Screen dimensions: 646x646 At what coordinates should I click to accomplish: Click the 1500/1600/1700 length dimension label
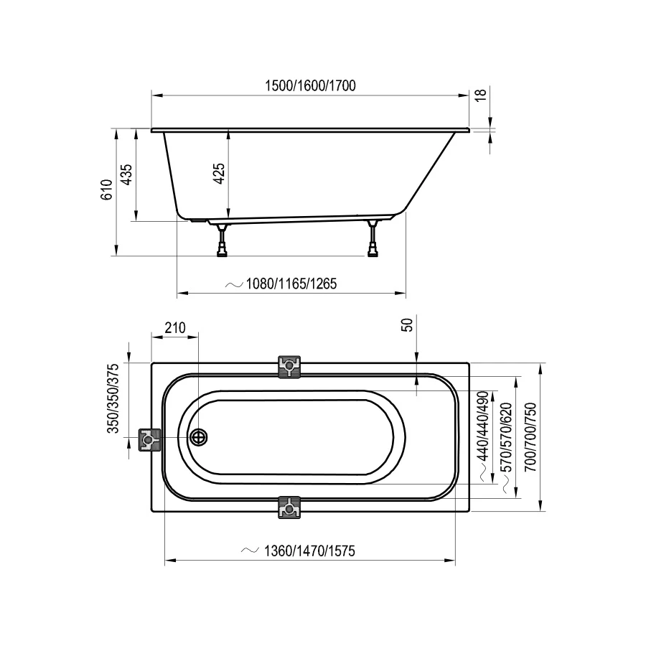[x=310, y=85]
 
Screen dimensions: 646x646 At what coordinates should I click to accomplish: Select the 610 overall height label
[x=106, y=189]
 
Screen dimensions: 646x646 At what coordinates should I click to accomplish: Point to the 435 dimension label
[x=126, y=175]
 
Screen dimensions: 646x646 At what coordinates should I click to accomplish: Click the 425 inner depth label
[x=220, y=174]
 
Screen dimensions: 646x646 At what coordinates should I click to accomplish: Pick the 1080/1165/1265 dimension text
[x=291, y=284]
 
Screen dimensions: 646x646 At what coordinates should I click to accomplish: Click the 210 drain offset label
[x=174, y=328]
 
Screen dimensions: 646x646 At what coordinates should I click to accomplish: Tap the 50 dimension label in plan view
[x=408, y=324]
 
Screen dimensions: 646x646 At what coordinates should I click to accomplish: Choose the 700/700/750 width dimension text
[x=530, y=436]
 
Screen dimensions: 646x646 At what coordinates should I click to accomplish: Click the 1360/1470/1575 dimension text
[x=309, y=551]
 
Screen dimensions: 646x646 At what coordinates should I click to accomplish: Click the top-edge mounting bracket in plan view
[x=289, y=367]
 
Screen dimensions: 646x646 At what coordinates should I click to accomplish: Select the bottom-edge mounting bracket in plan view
[x=289, y=507]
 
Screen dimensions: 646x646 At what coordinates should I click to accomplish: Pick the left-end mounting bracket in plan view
[x=149, y=439]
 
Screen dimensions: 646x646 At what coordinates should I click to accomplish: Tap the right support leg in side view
[x=373, y=239]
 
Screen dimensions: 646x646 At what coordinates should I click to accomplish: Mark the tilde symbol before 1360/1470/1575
[x=249, y=551]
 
